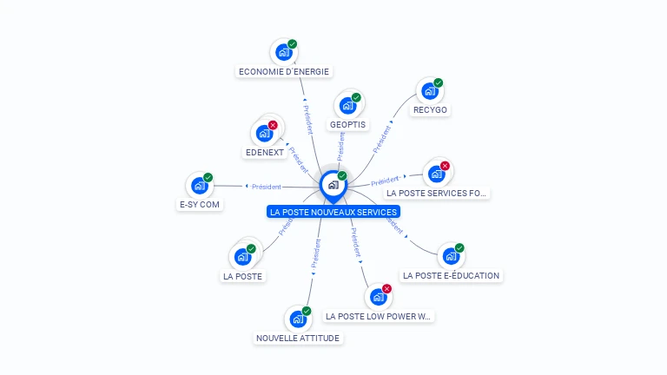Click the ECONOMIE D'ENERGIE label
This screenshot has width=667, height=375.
[284, 71]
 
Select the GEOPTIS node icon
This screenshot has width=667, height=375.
[348, 105]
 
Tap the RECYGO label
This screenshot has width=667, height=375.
[431, 110]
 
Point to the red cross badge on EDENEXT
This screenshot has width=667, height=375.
[273, 125]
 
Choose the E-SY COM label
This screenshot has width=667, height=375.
[199, 205]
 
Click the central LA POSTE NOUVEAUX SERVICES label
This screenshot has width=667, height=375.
[333, 212]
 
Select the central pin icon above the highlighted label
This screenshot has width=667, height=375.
[333, 184]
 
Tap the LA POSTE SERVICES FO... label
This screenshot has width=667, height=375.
[437, 193]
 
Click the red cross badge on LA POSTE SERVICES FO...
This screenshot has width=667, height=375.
[445, 166]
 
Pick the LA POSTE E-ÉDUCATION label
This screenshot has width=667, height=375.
[451, 275]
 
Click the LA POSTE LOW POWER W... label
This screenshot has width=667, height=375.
[378, 317]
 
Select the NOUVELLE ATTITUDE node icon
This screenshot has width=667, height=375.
[297, 319]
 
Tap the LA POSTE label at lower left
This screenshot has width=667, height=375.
[242, 276]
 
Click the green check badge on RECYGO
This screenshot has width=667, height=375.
[439, 83]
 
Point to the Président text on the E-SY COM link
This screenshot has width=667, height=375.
[266, 186]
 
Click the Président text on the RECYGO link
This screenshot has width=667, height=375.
[381, 140]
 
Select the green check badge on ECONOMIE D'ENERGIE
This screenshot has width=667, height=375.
[293, 43]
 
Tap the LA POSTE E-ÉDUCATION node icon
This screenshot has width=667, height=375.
[450, 256]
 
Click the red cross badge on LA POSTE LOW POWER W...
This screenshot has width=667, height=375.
[386, 288]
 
